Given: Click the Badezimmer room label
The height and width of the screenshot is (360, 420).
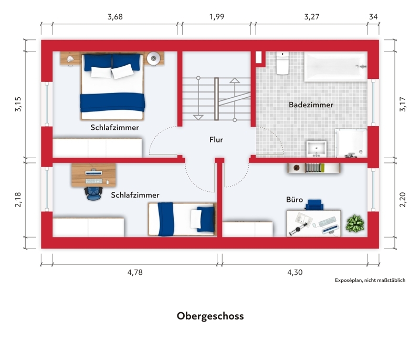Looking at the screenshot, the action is (311, 105).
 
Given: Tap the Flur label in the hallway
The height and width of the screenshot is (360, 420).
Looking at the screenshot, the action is (216, 139).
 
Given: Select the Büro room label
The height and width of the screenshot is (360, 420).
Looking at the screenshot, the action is (295, 199).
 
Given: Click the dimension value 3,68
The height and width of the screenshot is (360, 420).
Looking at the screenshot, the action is (115, 17).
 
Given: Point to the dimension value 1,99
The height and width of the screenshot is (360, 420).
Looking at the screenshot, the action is (216, 17).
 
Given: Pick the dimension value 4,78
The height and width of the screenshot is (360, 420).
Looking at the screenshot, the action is (135, 272).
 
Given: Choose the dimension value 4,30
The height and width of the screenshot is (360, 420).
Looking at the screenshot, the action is (295, 272).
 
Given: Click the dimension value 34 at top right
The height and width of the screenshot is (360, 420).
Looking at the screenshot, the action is (373, 17).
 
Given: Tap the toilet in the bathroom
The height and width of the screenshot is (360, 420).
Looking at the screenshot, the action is (282, 63).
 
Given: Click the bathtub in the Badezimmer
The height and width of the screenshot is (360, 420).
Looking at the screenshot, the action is (335, 67).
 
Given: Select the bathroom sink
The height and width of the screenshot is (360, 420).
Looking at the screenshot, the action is (317, 149).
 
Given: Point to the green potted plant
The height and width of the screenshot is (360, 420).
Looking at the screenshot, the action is (355, 223).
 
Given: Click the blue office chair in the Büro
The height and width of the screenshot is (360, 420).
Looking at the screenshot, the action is (314, 205).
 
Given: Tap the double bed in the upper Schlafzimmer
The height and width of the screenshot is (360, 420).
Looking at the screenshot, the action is (112, 87).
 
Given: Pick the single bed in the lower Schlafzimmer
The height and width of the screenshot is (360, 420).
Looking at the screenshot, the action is (182, 219).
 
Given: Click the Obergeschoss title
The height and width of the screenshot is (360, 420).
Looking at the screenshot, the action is (211, 316).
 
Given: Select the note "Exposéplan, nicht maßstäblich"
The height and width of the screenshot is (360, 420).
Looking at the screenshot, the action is (370, 280).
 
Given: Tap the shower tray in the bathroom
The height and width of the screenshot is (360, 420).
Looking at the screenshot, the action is (351, 143).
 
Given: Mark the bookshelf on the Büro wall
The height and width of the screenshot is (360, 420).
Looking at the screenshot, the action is (313, 168).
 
